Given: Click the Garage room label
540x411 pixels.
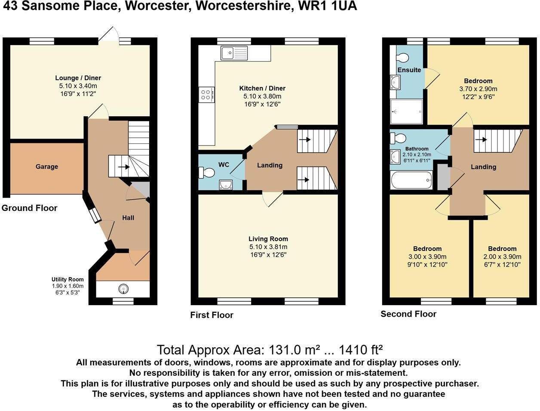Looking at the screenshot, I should tap(46, 167).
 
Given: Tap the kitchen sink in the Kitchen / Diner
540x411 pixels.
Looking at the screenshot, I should tap(234, 53).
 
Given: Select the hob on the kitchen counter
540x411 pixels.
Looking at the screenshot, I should tap(206, 94).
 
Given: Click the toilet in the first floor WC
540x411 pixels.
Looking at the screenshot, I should tap(207, 173).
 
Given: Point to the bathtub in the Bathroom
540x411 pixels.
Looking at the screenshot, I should tap(411, 180).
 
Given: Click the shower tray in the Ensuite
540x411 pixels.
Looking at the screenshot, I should tap(407, 111).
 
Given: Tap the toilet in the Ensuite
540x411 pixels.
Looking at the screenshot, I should tap(403, 58).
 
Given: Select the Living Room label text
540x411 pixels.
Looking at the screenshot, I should tap(268, 239).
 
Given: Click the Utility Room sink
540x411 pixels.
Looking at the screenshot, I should tap(123, 288).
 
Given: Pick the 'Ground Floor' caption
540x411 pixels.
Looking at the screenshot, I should tap(29, 208).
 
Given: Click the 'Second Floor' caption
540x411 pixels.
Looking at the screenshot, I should tap(408, 314).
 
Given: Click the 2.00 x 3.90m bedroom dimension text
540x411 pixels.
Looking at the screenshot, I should tap(502, 257).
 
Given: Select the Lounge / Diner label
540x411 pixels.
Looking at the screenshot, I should tap(78, 78).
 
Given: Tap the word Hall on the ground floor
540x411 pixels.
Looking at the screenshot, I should tap(128, 218).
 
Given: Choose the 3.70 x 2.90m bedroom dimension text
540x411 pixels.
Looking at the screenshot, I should tap(478, 89).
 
